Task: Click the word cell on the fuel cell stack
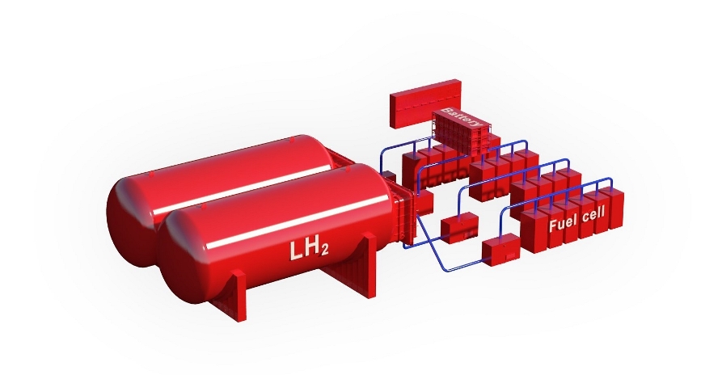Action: [593, 214]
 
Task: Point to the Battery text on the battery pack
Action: [461, 118]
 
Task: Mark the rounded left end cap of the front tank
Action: [184, 258]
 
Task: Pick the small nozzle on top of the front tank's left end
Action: [204, 207]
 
